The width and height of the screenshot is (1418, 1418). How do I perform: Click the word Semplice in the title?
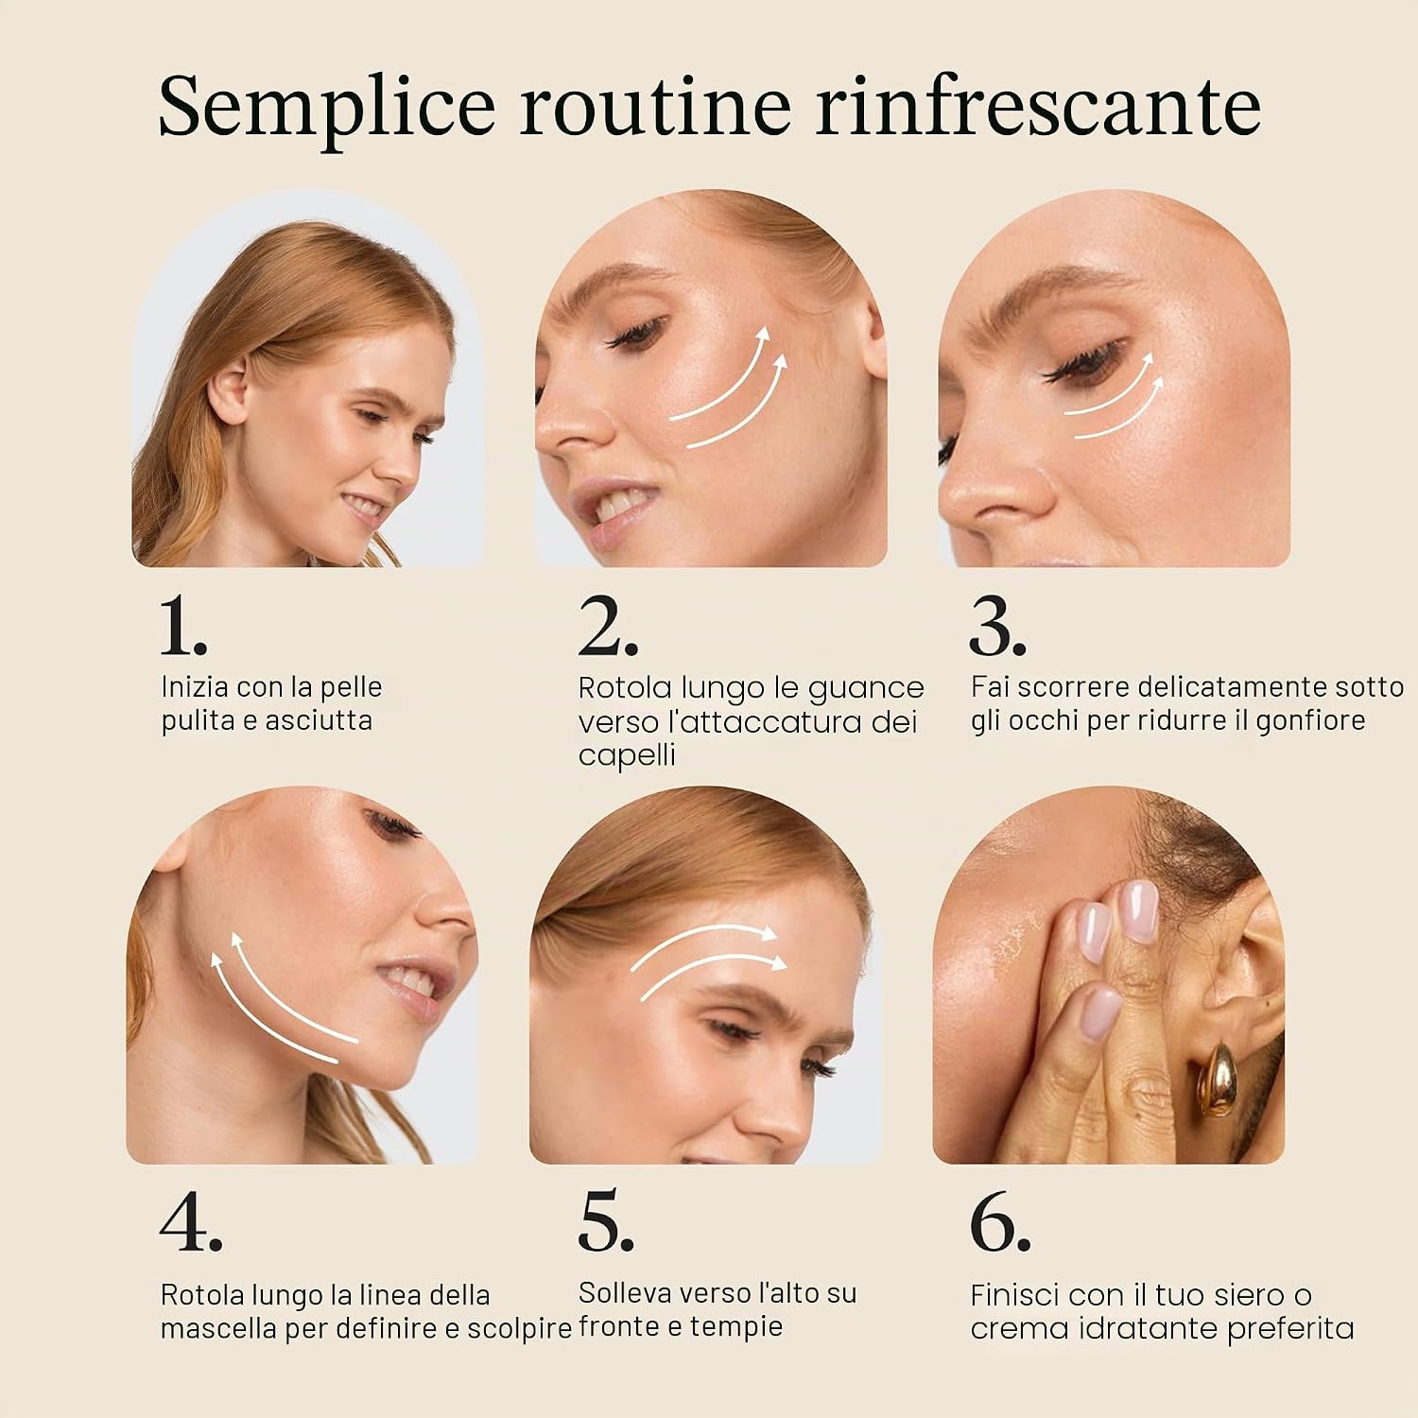326,107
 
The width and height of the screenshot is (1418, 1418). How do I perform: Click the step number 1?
183,627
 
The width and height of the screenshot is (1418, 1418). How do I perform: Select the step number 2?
608,627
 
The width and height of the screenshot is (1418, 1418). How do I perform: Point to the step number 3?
997,628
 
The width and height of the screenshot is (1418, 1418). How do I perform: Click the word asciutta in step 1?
319,720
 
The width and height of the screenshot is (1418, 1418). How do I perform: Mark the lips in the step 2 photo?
610,517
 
